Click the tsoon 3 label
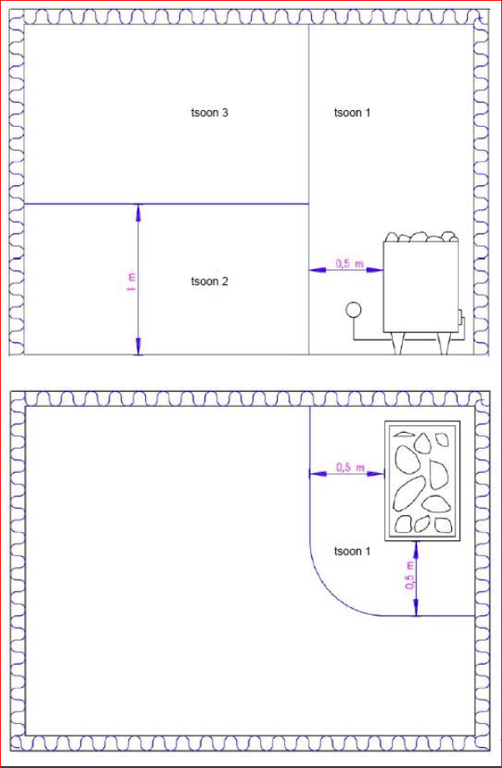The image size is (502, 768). click(209, 113)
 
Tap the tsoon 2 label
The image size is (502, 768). click(209, 282)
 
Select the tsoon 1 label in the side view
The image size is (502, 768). click(352, 113)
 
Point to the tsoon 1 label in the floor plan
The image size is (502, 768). click(352, 551)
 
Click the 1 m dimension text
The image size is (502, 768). click(131, 281)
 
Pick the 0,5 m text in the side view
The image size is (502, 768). click(349, 264)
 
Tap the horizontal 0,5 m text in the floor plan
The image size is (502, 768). click(349, 467)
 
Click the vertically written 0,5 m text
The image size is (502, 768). click(410, 575)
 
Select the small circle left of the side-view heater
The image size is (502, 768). click(353, 310)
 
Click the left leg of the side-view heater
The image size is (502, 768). click(397, 344)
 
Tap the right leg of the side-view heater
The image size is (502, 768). click(444, 344)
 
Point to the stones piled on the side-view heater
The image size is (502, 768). click(421, 237)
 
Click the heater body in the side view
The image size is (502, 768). click(421, 288)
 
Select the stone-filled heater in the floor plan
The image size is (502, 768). click(422, 481)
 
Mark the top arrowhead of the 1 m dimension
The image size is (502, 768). click(138, 212)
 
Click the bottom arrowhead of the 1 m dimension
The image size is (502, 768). click(138, 346)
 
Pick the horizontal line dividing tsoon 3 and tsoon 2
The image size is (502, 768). click(167, 203)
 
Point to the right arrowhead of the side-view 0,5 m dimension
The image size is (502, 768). click(375, 269)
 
